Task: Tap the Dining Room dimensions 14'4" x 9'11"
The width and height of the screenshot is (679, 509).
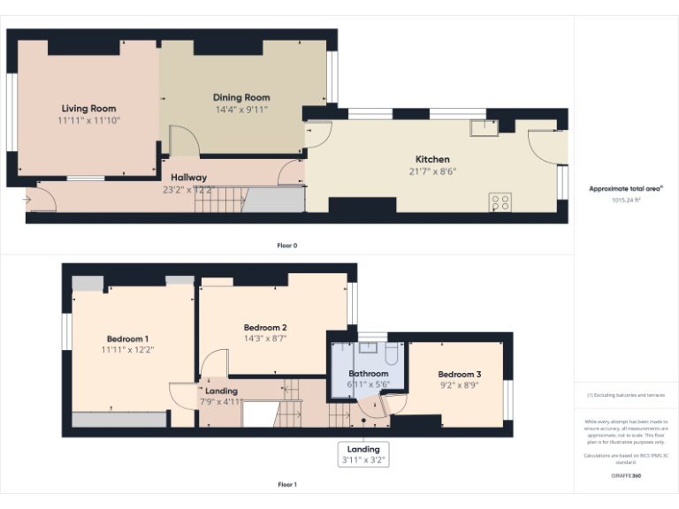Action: coord(241,110)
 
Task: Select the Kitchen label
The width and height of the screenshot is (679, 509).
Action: coord(432,159)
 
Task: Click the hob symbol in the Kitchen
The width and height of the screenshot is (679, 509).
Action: coord(500,202)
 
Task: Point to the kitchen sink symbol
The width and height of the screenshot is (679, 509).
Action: coord(484,128)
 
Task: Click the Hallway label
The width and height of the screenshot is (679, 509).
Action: coord(188,178)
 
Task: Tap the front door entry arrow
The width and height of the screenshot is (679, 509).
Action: coord(28,200)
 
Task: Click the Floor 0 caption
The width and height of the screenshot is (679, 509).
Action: coord(287,245)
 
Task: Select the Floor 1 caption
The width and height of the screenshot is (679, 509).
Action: coord(287,484)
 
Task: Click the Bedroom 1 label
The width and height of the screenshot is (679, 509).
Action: coord(127,338)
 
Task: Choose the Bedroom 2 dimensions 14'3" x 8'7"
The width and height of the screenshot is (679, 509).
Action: coord(265,338)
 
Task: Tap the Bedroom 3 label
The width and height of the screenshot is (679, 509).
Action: coord(459,373)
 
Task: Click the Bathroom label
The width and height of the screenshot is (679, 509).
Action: coord(369,374)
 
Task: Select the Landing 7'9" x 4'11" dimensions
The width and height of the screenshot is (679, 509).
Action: coord(222,401)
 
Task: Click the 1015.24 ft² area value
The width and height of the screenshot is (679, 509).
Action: coord(626,200)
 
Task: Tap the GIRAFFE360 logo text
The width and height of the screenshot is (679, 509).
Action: coord(625,475)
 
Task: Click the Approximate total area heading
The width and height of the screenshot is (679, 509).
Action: coord(626,188)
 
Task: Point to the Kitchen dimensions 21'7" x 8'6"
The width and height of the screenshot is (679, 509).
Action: coord(432,171)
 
